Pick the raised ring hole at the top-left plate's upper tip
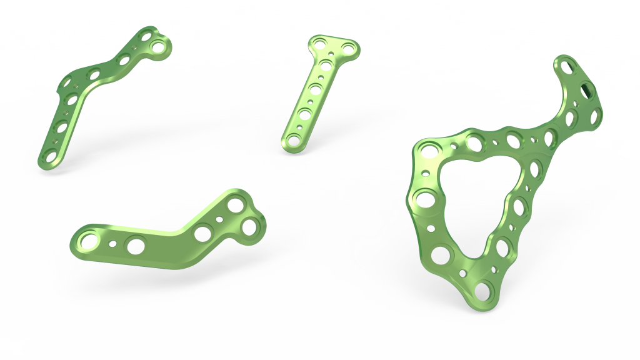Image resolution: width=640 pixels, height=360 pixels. [159, 47]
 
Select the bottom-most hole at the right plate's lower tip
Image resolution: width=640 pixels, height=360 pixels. [482, 291]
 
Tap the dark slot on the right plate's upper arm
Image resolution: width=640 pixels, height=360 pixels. [587, 89]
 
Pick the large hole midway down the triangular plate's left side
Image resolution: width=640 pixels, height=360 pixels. [423, 201]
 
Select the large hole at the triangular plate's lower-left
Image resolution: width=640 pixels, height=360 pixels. [441, 254]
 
